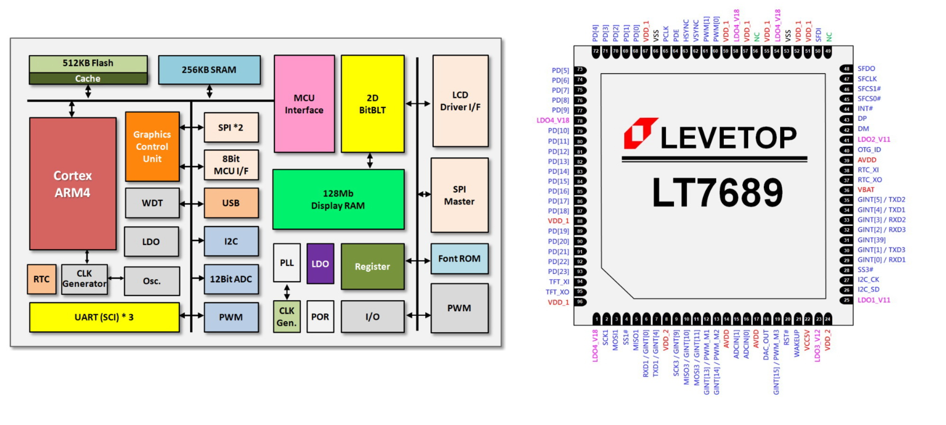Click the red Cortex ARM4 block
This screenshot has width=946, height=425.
coord(73,183)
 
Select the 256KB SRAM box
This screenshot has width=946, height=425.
coord(209,70)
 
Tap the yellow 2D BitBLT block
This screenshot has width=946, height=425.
coord(372,104)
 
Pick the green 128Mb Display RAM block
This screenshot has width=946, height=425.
coord(338,199)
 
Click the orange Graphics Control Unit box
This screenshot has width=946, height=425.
coord(152,146)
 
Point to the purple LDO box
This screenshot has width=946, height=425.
coord(320,264)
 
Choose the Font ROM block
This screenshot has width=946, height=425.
coord(459,258)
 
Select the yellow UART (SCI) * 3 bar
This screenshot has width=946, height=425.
coord(104,317)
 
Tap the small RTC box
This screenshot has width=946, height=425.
coord(41,279)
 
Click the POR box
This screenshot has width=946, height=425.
coord(320,316)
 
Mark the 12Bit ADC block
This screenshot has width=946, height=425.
coord(231,279)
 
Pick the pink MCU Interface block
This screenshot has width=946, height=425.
coord(304,104)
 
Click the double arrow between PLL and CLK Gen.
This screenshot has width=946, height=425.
coord(287,291)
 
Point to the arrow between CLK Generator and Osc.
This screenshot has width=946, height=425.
coord(116,278)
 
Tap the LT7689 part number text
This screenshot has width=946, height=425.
coord(717,192)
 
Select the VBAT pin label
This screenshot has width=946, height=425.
coord(866,190)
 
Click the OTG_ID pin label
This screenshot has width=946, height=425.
coord(869,150)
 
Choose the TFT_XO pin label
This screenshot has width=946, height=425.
coord(557,292)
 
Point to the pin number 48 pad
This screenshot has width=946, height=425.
coord(847,69)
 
